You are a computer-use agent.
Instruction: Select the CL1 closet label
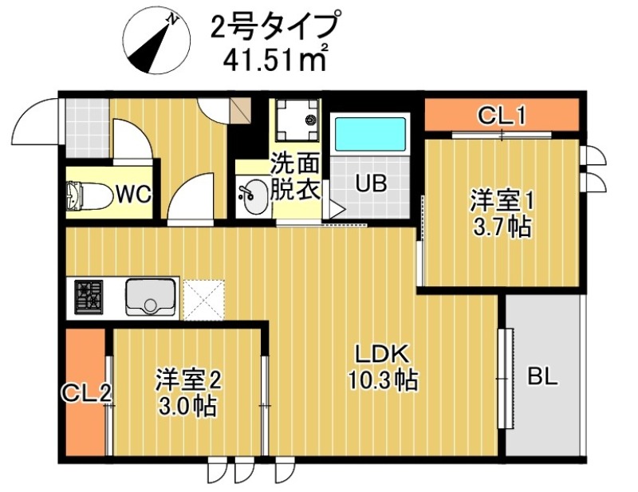point(501,116)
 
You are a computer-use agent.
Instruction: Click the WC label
point(133,194)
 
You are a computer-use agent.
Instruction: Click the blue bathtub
point(370,134)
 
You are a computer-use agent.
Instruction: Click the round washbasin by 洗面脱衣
point(254,196)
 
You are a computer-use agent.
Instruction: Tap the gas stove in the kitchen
point(89,297)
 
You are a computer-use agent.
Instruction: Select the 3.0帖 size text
point(187,406)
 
